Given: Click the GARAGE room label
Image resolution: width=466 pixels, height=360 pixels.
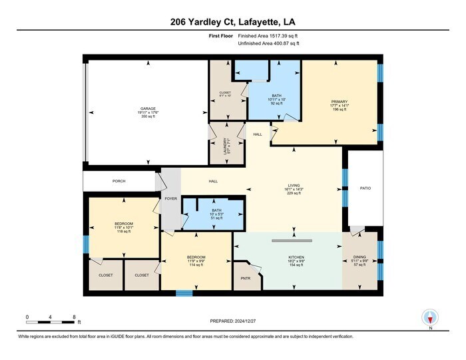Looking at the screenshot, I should tap(148, 108).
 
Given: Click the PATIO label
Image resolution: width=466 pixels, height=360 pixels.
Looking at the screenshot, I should tap(365, 188).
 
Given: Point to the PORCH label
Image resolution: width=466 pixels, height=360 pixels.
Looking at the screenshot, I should tap(118, 181).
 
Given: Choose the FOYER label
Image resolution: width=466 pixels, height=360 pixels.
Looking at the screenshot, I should tap(171, 198).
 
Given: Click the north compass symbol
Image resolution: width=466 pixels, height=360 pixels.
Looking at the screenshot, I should tap(431, 318).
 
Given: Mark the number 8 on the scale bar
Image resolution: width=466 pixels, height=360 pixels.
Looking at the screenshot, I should tap(75, 316).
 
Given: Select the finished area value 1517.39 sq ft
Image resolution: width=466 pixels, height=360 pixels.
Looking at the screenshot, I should tap(268, 35).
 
